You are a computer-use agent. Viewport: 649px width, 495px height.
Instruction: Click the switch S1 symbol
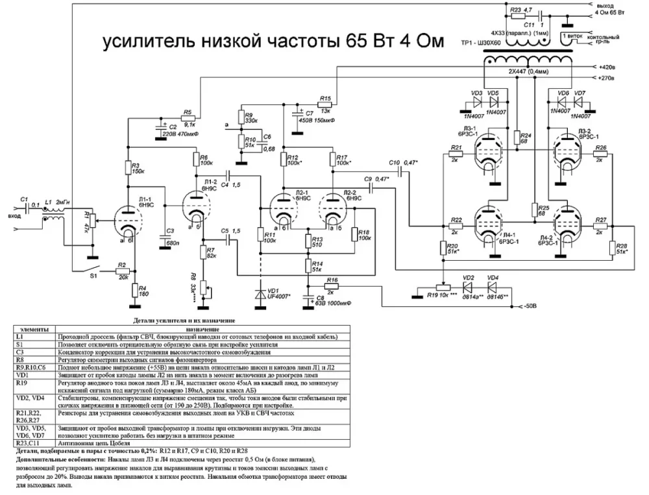[x=87, y=266]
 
